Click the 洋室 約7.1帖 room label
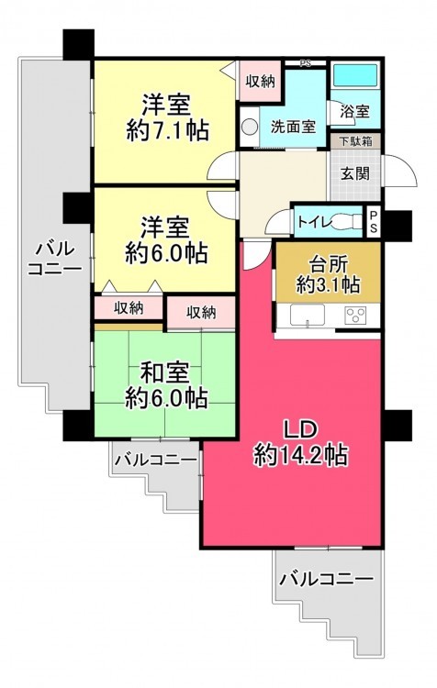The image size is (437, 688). [167, 117]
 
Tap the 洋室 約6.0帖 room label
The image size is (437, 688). [166, 240]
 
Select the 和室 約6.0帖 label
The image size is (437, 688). [166, 385]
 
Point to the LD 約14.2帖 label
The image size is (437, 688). [300, 443]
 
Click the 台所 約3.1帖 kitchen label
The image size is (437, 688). [328, 274]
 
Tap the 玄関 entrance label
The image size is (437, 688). [355, 173]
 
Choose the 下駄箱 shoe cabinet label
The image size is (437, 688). [355, 141]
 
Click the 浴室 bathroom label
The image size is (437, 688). [355, 111]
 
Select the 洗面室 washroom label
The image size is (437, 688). [293, 127]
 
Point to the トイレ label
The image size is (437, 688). [315, 221]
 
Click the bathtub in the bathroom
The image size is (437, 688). [355, 76]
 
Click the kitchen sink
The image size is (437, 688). [307, 315]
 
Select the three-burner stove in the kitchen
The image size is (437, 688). [354, 315]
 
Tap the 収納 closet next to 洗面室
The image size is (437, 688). [260, 82]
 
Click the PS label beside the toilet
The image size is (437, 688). [374, 222]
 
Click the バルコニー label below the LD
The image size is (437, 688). [326, 579]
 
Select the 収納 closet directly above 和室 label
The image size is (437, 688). [200, 313]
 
